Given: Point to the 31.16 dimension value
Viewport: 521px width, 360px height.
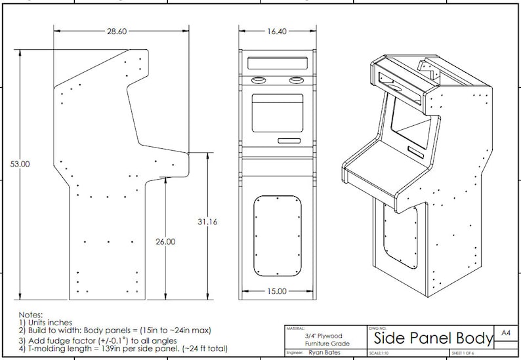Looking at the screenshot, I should point(207,222).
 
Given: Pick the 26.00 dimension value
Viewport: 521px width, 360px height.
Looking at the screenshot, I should point(165,241).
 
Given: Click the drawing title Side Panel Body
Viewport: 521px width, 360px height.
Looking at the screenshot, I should point(433,338).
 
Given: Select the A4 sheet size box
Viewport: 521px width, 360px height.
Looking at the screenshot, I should point(505,333).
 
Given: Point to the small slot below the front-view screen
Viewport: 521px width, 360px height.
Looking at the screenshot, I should point(289,141).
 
